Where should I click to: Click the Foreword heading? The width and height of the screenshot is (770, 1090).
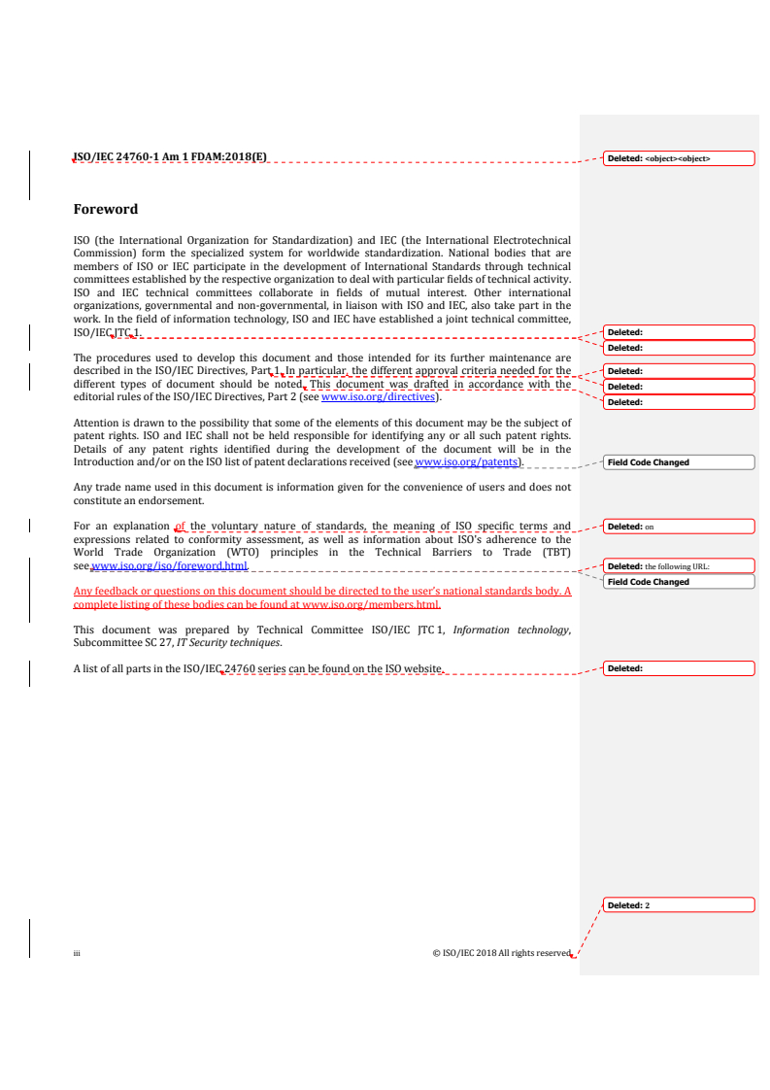(x=106, y=209)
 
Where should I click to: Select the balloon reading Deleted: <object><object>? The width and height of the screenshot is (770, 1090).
(x=678, y=158)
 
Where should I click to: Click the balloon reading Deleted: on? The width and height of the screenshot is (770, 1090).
(x=678, y=528)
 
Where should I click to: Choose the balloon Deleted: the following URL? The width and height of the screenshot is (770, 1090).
(x=678, y=566)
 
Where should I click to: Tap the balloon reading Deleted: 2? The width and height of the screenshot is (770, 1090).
(x=678, y=905)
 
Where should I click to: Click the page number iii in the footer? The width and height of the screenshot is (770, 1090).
(x=77, y=954)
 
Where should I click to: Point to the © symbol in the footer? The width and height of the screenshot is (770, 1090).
(x=436, y=954)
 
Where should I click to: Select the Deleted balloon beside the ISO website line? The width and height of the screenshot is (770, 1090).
(x=678, y=668)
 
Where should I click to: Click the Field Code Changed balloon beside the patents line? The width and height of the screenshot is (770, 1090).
(x=678, y=462)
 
